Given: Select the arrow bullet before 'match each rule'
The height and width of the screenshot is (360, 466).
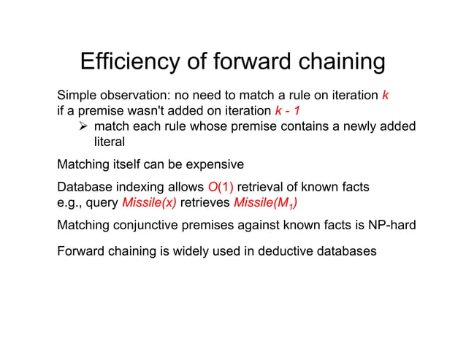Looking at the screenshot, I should point(84,127).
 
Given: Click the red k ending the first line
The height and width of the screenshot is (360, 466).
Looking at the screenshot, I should point(385,96).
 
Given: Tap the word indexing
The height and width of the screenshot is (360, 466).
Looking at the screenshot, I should point(137,187).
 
